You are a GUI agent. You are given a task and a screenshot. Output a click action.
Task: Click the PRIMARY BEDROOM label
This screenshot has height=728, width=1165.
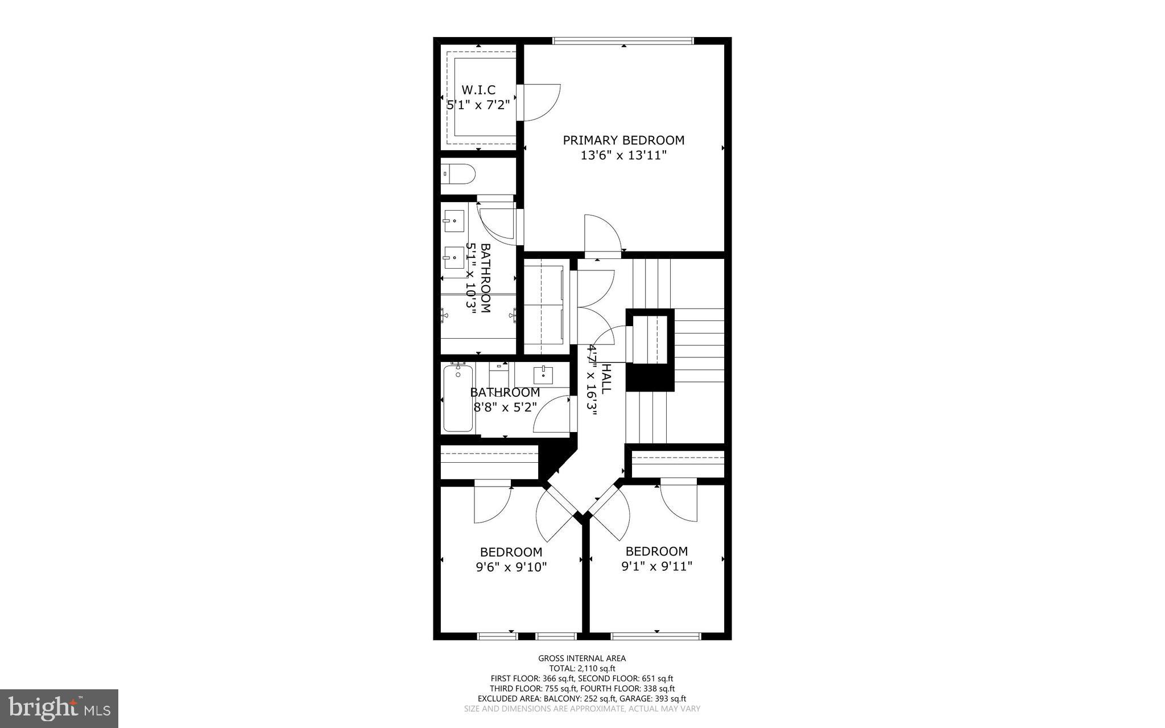pyautogui.click(x=623, y=140)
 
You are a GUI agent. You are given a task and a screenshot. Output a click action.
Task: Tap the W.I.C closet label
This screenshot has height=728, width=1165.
pyautogui.click(x=478, y=90)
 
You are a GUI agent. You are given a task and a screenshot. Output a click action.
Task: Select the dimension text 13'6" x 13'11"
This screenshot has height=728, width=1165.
pyautogui.click(x=623, y=155)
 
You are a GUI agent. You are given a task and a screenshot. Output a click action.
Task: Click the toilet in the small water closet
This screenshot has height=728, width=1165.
pyautogui.click(x=458, y=174)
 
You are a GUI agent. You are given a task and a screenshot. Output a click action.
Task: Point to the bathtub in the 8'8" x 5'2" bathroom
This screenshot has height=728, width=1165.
pyautogui.click(x=458, y=398)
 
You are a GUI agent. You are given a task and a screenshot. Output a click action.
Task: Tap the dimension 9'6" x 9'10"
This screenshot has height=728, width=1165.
pyautogui.click(x=511, y=567)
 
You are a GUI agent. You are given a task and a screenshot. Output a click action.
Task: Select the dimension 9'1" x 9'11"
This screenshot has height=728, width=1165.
pyautogui.click(x=656, y=566)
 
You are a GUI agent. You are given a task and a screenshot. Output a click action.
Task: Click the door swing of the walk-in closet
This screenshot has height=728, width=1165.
pyautogui.click(x=540, y=102)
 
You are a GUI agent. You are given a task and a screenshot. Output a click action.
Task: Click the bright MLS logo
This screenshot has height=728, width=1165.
pyautogui.click(x=59, y=708)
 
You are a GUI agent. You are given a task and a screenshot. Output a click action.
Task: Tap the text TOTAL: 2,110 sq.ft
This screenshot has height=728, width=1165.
pyautogui.click(x=582, y=668)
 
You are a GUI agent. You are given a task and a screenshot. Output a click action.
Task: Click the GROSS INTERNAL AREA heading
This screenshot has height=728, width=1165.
pyautogui.click(x=582, y=659)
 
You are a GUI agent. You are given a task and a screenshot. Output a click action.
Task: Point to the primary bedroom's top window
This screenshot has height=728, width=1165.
pyautogui.click(x=623, y=41)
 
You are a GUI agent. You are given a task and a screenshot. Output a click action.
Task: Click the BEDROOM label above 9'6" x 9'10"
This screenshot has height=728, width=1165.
pyautogui.click(x=511, y=552)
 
